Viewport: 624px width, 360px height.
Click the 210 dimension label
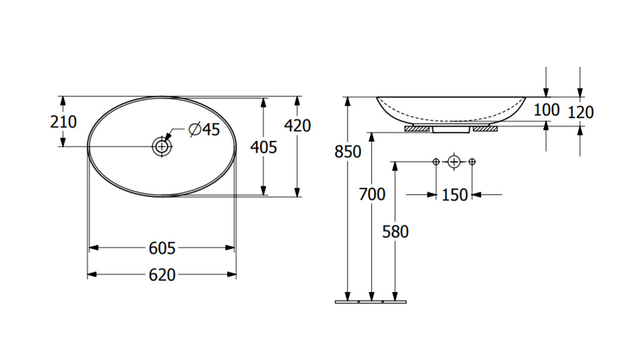point(63,122)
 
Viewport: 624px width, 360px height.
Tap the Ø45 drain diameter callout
point(205,129)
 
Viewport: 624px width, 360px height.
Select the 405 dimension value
point(263,148)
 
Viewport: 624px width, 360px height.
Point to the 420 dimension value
point(297,125)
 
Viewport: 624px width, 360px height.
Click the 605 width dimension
point(162,248)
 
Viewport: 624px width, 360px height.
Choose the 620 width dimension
point(162,275)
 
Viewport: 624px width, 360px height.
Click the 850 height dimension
point(348,152)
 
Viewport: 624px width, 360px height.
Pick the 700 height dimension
point(372,195)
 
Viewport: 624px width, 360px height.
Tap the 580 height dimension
point(395,231)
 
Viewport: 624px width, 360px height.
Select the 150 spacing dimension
point(455,195)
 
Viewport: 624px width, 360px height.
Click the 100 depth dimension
point(547,110)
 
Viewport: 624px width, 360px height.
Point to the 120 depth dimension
point(580,112)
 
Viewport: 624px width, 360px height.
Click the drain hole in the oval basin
point(162,147)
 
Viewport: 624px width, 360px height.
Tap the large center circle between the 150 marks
point(454,162)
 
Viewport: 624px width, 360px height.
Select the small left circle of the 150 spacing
point(436,162)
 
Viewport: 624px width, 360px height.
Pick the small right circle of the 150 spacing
point(472,162)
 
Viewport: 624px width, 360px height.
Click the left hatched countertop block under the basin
point(417,129)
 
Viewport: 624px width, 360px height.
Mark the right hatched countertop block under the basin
point(485,129)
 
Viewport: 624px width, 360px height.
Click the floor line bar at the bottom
point(371,302)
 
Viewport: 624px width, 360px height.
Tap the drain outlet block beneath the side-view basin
point(451,129)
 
